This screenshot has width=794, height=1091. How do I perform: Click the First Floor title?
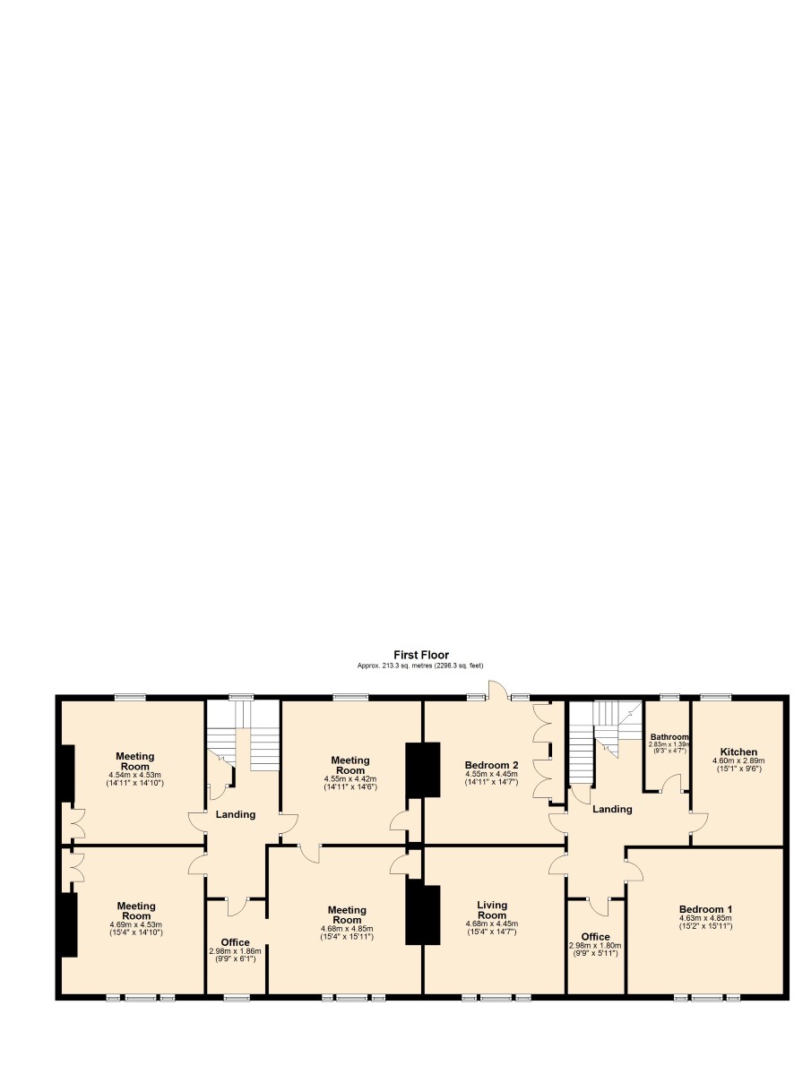pos(420,655)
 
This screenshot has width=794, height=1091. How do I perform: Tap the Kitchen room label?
pos(738,752)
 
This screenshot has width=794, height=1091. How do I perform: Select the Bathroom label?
pos(669,737)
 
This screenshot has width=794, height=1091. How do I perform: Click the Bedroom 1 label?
pos(705,909)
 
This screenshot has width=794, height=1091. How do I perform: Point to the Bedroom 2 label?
pos(491,765)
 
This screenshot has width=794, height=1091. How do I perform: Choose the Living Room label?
pos(492,910)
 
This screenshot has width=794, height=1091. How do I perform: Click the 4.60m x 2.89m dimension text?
pos(738,760)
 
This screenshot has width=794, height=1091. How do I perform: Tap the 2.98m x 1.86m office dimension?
pos(235,950)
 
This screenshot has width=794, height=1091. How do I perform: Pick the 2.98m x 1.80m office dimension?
pos(595,945)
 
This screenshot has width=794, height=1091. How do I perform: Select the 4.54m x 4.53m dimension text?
pos(135,775)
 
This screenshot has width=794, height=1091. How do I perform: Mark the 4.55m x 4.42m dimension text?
pos(350,778)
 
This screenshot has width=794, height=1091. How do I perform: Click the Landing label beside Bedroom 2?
pos(612,809)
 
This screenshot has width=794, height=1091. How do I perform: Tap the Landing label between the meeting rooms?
pos(236,814)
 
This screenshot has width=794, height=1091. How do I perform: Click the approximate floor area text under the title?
pos(420,666)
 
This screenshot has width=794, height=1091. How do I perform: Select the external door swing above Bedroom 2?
pos(498,689)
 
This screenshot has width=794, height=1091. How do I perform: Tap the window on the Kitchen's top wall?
pos(715,698)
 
